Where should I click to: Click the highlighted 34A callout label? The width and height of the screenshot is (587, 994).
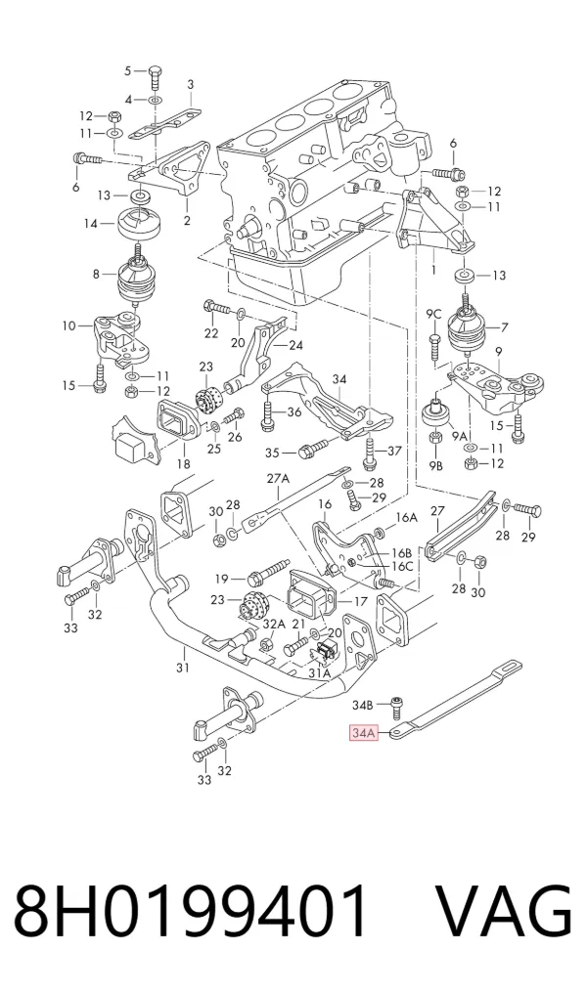coord(364,733)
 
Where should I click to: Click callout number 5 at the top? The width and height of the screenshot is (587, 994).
coord(127,70)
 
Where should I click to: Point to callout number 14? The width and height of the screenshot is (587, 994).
coord(91,223)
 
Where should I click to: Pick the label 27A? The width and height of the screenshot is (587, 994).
coord(277,479)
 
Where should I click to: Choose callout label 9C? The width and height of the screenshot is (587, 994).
coord(433,313)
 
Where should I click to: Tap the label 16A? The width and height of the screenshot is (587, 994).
coord(406,517)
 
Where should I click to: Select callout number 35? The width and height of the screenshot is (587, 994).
coord(272,453)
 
